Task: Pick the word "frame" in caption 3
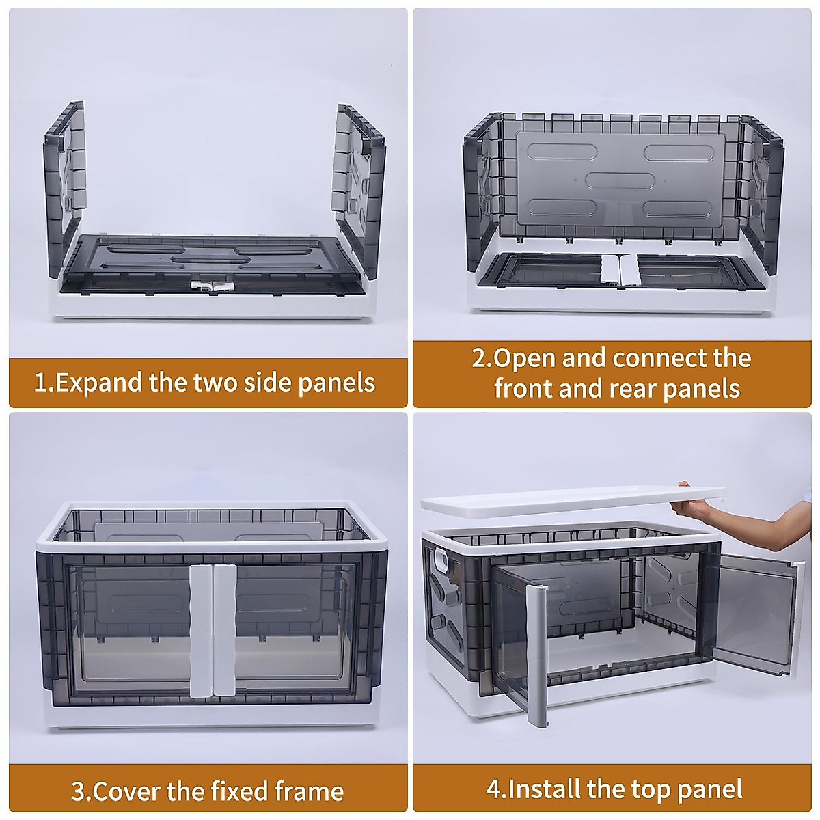pos(310,779)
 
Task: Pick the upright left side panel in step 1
pos(65,189)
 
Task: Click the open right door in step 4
pos(756,617)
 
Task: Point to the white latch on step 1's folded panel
pos(213,286)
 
